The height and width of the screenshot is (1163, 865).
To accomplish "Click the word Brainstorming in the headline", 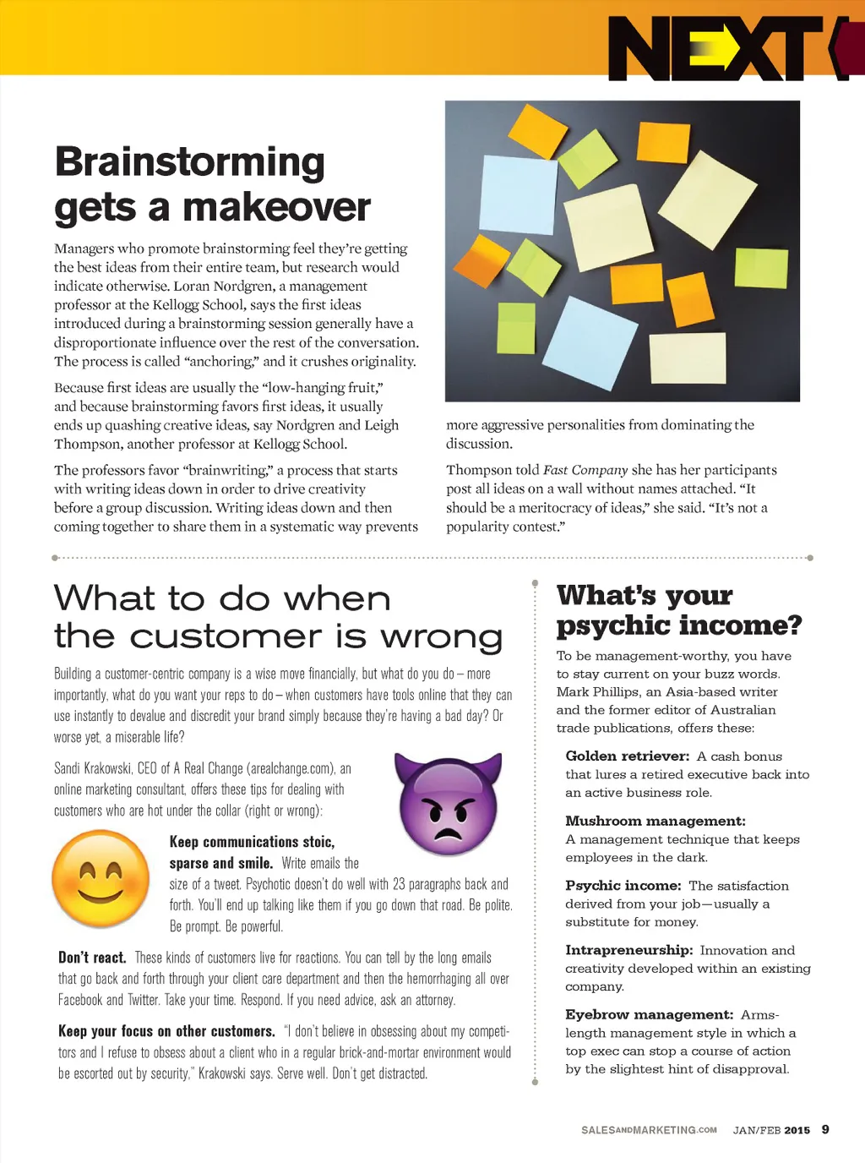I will [x=189, y=162].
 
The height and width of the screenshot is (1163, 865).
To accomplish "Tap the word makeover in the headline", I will [x=276, y=207].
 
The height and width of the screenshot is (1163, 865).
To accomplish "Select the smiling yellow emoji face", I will [x=101, y=878].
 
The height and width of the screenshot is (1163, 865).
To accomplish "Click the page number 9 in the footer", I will [x=825, y=1129].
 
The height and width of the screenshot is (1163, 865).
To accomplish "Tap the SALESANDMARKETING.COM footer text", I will [x=649, y=1130].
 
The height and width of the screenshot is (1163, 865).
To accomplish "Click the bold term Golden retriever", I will [x=628, y=756].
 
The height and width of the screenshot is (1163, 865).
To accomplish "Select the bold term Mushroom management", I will [x=656, y=821].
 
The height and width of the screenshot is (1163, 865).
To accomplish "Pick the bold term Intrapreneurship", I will [x=629, y=950].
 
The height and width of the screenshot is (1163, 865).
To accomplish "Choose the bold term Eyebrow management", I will [x=649, y=1014].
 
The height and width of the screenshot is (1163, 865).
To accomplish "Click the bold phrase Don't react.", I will [x=92, y=958].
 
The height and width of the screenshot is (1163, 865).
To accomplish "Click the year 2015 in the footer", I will [x=797, y=1130].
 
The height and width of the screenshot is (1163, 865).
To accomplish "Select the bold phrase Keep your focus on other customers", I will [x=166, y=1031].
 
